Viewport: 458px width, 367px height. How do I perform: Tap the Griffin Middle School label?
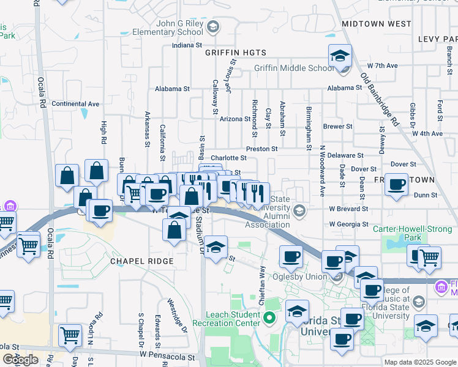point(295,68)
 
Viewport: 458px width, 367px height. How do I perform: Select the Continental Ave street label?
point(75,104)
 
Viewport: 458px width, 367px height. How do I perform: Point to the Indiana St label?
point(187,45)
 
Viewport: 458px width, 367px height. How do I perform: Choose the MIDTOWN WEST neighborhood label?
point(376,24)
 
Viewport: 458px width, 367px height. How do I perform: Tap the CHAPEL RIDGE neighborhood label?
point(141,261)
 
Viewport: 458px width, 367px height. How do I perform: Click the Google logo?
point(20,360)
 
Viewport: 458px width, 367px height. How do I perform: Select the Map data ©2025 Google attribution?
point(419,361)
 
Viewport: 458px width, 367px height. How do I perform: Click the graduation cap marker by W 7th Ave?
point(339,56)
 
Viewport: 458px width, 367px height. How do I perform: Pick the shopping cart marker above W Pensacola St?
point(70,335)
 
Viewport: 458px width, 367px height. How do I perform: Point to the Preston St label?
point(261,149)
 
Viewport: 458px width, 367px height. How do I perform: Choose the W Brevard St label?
point(348,209)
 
